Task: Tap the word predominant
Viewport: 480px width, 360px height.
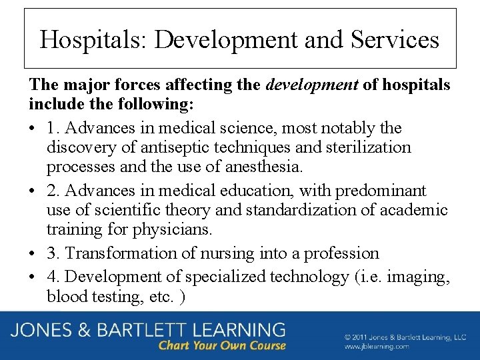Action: coord(380,191)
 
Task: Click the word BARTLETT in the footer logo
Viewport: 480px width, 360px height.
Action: coord(150,330)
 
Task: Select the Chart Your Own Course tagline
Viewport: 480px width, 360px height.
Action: coord(222,346)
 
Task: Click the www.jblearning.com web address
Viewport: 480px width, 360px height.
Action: coord(377,347)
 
